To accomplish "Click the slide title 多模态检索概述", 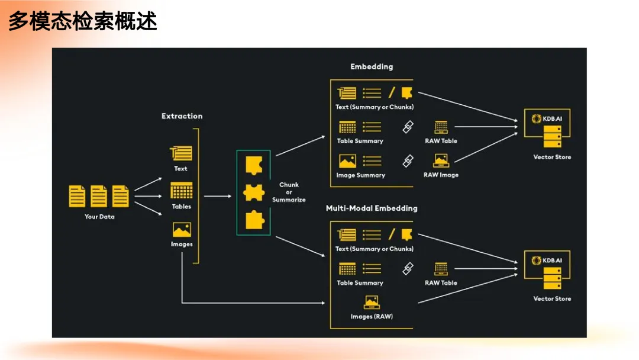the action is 83,21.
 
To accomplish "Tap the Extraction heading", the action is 182,116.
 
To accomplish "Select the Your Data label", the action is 99,217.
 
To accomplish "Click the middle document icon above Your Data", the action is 99,196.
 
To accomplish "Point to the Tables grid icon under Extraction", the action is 182,191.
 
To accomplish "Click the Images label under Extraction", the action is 182,244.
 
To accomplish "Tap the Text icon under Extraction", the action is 181,153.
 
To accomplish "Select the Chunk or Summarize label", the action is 289,192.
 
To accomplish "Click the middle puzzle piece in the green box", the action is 253,192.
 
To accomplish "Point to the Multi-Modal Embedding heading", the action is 372,208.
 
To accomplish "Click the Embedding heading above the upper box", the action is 372,66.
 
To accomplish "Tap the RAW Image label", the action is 441,175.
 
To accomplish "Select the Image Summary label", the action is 361,175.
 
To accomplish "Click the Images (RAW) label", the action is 372,316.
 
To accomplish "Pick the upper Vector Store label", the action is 552,157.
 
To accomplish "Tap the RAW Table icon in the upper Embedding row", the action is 441,127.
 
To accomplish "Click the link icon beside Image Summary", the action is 408,161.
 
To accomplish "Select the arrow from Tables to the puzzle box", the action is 218,196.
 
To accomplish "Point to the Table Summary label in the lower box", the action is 360,283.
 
